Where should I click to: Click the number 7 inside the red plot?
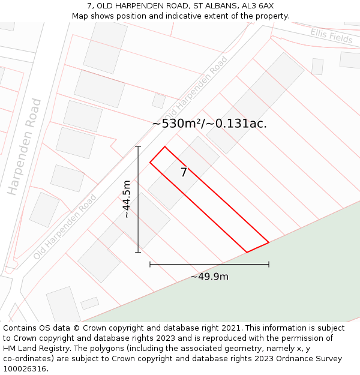click(184, 173)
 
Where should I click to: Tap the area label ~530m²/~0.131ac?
click(209, 124)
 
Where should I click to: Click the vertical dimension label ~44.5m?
click(127, 199)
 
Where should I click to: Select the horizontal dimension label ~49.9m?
click(209, 277)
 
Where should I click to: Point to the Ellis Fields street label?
click(331, 35)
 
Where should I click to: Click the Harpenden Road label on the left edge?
click(25, 147)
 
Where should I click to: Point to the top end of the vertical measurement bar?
click(138, 146)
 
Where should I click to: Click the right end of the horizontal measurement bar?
click(269, 264)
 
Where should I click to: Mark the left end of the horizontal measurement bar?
click(150, 264)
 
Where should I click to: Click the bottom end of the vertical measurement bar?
click(138, 252)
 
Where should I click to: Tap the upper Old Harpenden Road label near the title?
click(196, 87)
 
